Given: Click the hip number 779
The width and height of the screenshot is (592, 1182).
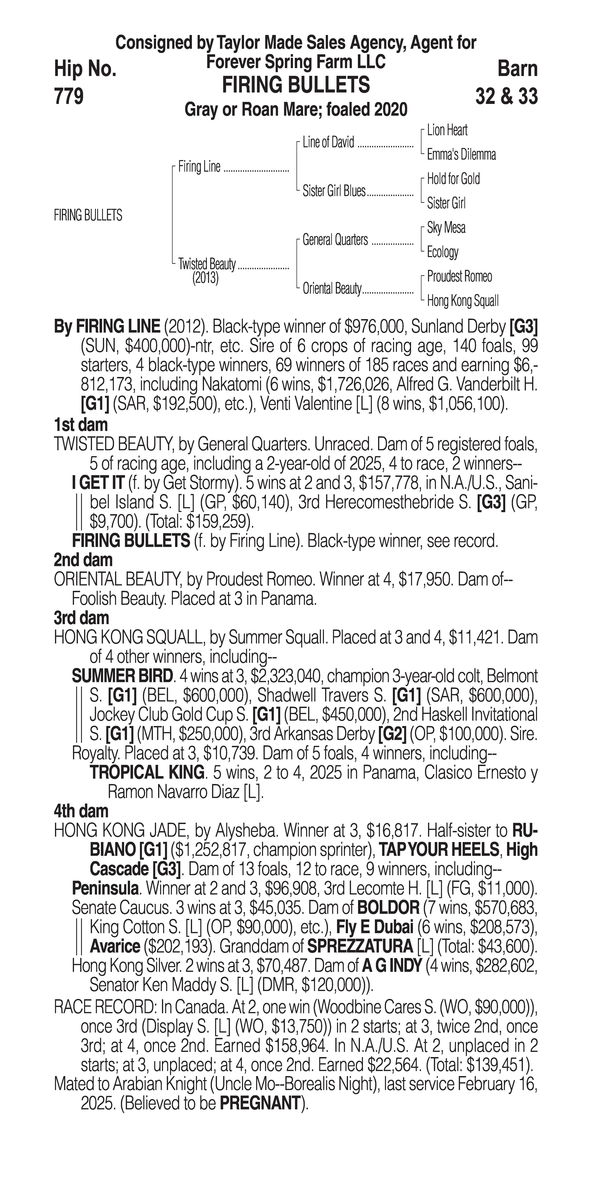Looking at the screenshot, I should click(x=69, y=96).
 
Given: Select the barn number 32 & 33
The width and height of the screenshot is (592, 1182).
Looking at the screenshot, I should click(x=506, y=96).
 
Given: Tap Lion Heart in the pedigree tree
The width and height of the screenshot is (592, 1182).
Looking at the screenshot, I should click(x=447, y=130).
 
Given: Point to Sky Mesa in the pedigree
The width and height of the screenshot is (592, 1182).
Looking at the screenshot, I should click(x=446, y=228).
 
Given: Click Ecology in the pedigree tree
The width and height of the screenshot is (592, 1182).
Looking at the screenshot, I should click(x=442, y=252).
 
